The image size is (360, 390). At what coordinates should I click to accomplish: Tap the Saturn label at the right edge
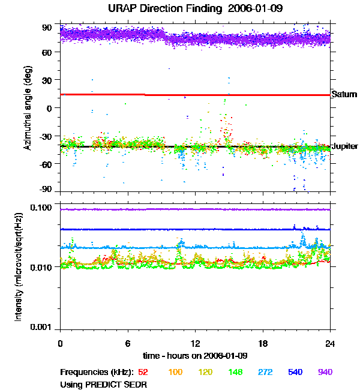pos(344,94)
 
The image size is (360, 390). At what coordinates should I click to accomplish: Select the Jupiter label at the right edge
pos(345,146)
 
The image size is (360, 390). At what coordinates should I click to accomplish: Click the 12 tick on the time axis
pos(195,343)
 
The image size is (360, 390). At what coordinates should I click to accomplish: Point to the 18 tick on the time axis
pos(263,343)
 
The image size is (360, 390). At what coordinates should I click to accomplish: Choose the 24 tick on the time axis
pos(330,343)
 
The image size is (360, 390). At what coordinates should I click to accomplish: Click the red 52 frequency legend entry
pos(144,373)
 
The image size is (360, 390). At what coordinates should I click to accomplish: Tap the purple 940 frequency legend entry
pos(325,373)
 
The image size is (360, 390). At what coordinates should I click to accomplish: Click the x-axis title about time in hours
pos(195,356)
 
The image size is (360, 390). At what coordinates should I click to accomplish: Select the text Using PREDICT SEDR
pos(103,384)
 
